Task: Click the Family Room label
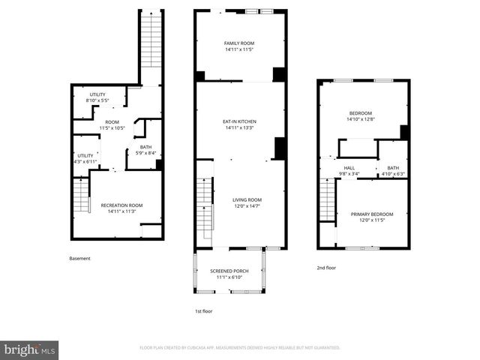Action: (x=240, y=47)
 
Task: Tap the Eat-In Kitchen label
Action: (x=240, y=124)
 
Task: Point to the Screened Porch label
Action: (x=229, y=274)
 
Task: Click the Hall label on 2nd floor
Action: (x=349, y=171)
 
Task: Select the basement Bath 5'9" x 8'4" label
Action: (x=145, y=150)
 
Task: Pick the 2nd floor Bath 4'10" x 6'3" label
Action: (x=393, y=171)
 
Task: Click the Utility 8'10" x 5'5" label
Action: (x=98, y=97)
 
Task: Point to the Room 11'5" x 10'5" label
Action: (x=112, y=125)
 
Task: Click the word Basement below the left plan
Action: (x=79, y=259)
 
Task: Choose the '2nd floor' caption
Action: (x=327, y=267)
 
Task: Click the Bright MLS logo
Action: (x=30, y=349)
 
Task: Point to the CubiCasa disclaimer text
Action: (x=240, y=348)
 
